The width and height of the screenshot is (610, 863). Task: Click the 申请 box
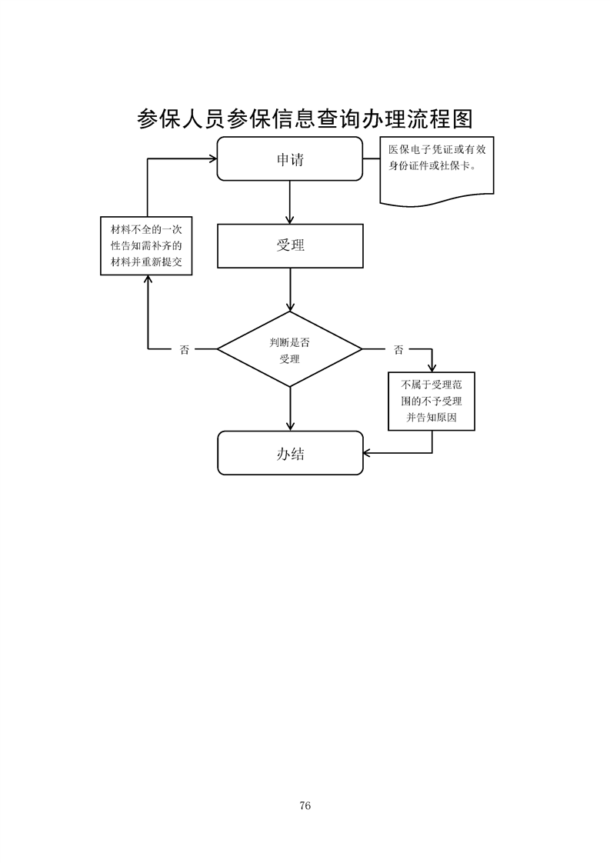click(289, 159)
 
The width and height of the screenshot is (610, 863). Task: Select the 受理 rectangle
click(289, 245)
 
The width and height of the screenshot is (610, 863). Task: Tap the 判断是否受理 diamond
click(289, 350)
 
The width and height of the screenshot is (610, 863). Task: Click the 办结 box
click(289, 453)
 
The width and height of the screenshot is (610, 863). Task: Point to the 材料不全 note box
click(146, 246)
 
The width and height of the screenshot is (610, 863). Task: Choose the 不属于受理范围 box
click(432, 401)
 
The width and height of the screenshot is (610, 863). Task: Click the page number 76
click(305, 805)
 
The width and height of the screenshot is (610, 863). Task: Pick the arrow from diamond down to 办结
click(289, 408)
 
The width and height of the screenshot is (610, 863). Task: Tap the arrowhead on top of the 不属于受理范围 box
click(432, 367)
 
